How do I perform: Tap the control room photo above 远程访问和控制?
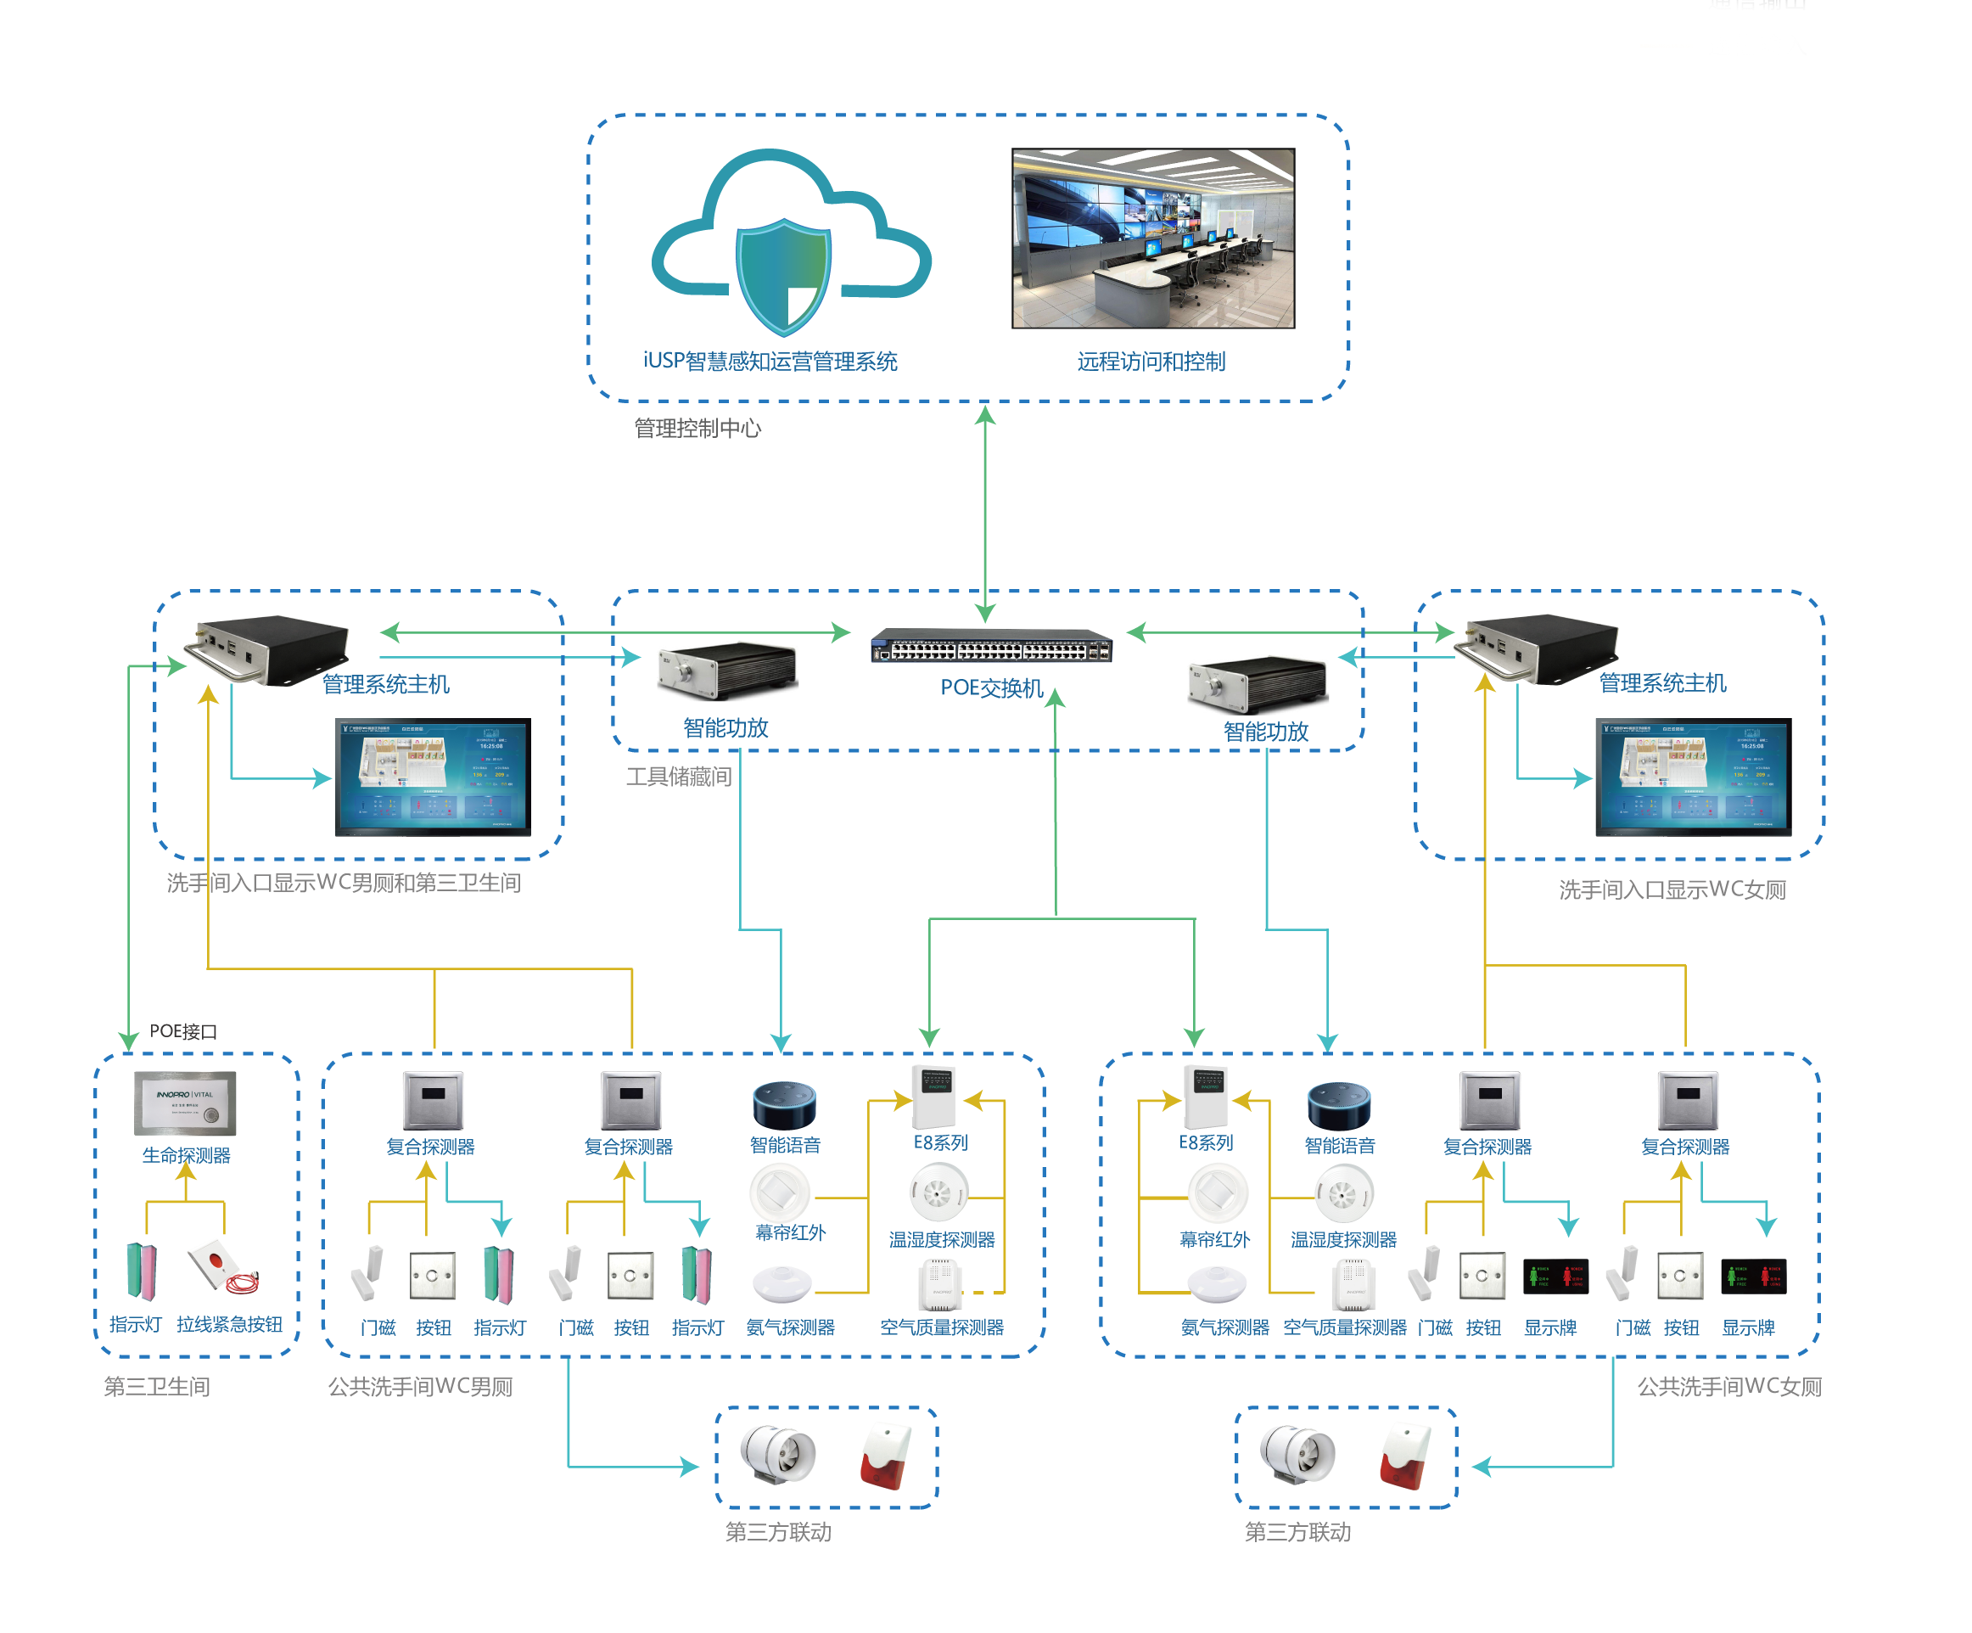tap(1152, 238)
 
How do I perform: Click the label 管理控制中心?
tap(697, 429)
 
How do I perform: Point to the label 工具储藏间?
tap(678, 777)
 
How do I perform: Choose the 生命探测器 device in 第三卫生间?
tap(185, 1103)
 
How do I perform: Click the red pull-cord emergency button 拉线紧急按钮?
tap(223, 1268)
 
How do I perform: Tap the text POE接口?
tap(183, 1031)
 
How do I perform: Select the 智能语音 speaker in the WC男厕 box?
tap(784, 1104)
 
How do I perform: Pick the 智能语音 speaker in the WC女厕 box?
tap(1338, 1104)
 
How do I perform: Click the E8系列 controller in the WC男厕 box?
tap(934, 1096)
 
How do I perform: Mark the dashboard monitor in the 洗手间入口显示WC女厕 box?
tap(1692, 777)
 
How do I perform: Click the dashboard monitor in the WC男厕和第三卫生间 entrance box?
tap(433, 777)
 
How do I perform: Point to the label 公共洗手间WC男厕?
tap(420, 1387)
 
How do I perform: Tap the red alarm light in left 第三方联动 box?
tap(886, 1456)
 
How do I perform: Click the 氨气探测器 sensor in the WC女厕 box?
tap(1216, 1283)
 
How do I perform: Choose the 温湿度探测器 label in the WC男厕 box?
tap(941, 1239)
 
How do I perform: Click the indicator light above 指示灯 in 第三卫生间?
tap(142, 1271)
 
